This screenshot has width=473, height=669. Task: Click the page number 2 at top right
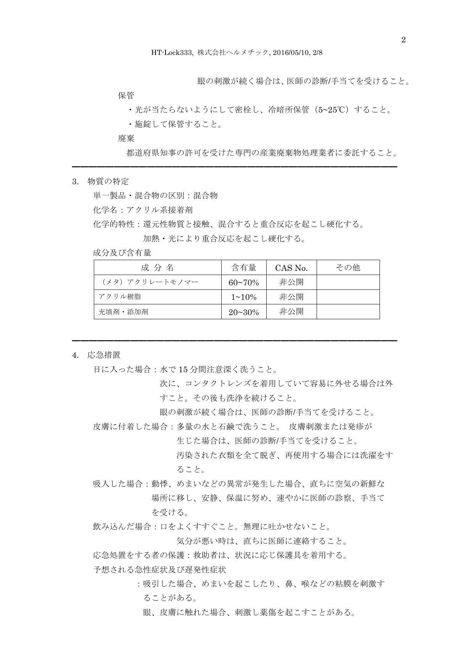pos(404,40)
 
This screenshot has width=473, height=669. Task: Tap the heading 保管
pos(126,95)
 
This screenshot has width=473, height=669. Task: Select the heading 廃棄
pos(126,138)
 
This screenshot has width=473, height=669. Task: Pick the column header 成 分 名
pos(157,268)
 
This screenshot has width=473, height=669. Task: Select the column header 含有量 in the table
pos(244,268)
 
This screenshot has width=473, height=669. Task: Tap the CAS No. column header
pos(291,268)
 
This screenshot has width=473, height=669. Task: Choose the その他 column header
pos(348,268)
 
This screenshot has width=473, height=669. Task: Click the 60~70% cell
pos(244,283)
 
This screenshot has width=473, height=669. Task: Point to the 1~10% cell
pos(244,297)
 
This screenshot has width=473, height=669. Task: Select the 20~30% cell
pos(244,312)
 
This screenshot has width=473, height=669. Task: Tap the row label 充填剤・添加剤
pos(123,312)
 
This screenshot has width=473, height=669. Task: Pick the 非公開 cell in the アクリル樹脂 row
pos(291,297)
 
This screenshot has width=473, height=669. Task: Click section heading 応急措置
pos(104,355)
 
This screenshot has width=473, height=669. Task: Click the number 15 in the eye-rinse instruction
pos(183,370)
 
